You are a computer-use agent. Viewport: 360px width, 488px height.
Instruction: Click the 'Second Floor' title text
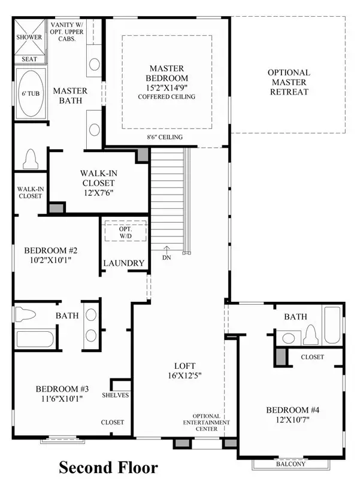108,468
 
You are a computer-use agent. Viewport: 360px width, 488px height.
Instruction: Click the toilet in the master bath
31,159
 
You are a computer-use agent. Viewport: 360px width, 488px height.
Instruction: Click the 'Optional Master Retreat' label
289,82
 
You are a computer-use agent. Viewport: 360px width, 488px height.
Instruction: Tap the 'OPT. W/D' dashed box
126,231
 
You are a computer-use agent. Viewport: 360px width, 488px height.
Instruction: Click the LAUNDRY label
124,263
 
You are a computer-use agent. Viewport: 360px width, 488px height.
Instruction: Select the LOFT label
184,365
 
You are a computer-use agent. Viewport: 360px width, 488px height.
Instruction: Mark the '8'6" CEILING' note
165,137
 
